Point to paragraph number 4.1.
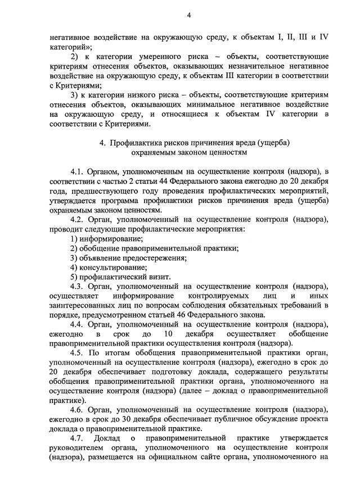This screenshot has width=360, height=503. [77, 170]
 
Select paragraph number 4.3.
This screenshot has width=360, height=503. [77, 286]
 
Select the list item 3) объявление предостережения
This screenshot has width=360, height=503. [128, 257]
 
